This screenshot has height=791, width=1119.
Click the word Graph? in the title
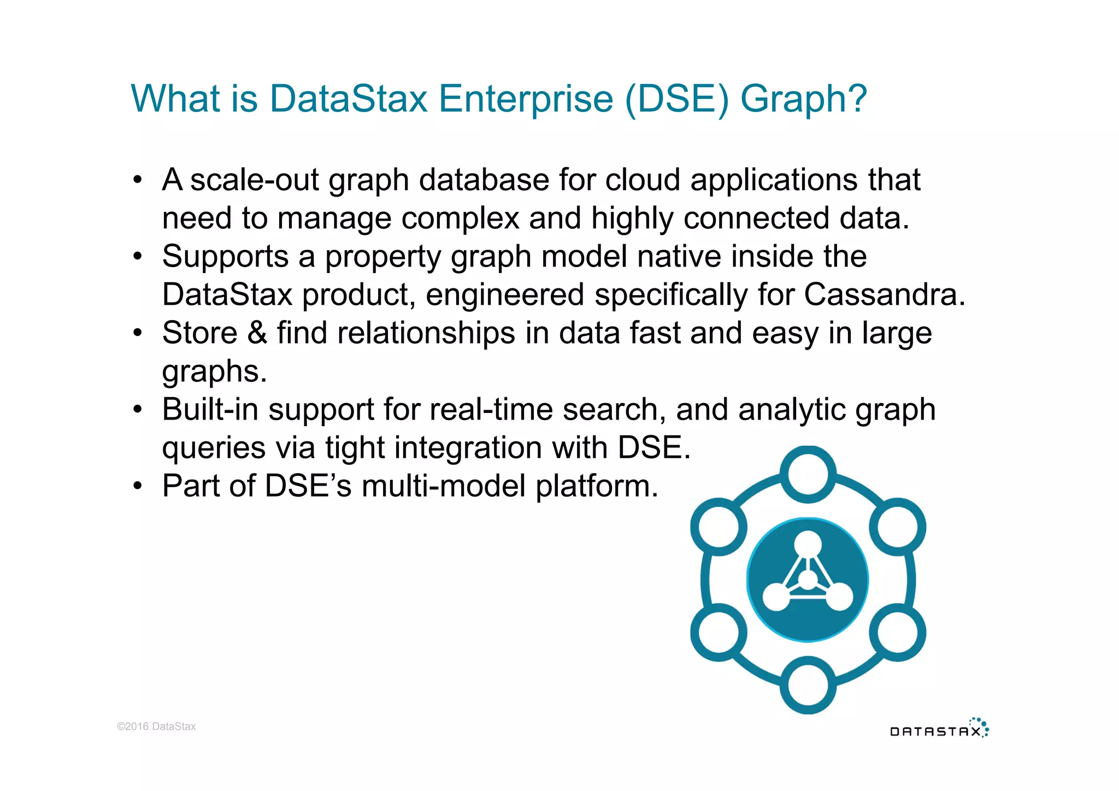click(803, 99)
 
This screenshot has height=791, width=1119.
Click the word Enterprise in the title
click(526, 99)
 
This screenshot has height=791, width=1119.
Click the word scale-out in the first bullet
click(254, 180)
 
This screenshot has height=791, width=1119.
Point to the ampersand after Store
click(257, 333)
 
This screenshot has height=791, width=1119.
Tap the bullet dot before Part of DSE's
click(138, 486)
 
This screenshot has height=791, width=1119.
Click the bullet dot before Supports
click(138, 256)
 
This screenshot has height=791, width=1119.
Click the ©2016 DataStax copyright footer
click(156, 726)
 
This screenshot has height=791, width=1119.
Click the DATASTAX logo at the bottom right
click(939, 729)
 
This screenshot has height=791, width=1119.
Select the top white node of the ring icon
click(808, 474)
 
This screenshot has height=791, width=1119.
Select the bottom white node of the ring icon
click(808, 686)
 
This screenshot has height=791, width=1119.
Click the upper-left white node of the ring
click(718, 527)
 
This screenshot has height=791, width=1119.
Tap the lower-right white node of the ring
click(897, 633)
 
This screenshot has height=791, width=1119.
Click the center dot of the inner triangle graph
click(808, 580)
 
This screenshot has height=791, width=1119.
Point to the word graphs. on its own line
click(214, 371)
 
